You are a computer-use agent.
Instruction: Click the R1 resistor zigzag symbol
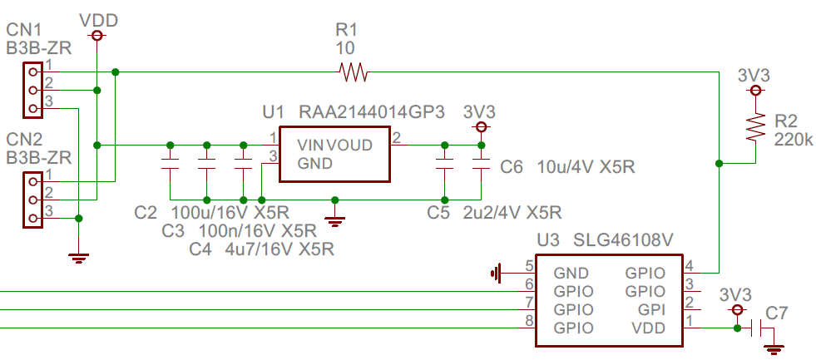(354, 73)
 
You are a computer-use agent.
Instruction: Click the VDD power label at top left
(97, 19)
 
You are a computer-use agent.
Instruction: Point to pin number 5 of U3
(528, 266)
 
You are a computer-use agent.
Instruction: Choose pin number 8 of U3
(528, 321)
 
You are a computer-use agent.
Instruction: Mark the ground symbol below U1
(335, 220)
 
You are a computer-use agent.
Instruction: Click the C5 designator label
(438, 213)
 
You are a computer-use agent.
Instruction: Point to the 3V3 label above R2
(754, 75)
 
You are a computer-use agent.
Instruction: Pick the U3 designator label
(548, 240)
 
